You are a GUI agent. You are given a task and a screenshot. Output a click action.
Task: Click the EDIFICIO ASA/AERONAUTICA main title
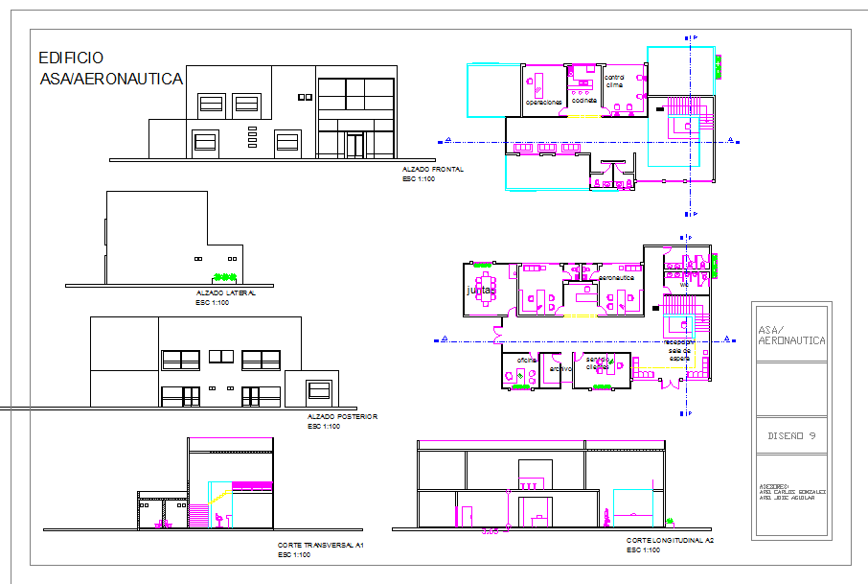click(x=108, y=69)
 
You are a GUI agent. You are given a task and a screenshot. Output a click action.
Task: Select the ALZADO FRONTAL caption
click(x=433, y=170)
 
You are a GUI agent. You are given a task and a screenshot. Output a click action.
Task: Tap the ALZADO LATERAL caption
click(x=225, y=293)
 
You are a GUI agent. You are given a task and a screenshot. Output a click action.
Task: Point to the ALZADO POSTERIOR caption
click(x=342, y=417)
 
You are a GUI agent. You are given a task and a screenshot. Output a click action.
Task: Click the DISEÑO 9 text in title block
click(x=790, y=435)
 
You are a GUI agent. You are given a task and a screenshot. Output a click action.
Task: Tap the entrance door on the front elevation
click(x=354, y=145)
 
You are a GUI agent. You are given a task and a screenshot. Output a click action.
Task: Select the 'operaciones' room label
click(x=543, y=101)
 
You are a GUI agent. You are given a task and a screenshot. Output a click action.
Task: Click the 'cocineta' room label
click(x=583, y=100)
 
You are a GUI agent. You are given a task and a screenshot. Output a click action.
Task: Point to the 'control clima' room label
click(x=614, y=81)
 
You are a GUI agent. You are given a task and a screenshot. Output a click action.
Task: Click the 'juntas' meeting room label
click(x=480, y=289)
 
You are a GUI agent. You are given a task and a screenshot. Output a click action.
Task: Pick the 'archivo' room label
click(x=560, y=367)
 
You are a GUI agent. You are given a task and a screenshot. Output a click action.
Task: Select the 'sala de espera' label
click(x=679, y=354)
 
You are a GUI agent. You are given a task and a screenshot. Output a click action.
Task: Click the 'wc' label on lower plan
click(x=684, y=284)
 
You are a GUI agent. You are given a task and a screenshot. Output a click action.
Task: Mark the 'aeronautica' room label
click(x=616, y=277)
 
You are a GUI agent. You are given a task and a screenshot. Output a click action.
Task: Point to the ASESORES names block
click(x=790, y=493)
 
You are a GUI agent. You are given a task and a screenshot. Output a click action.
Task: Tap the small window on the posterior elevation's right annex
click(x=317, y=389)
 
